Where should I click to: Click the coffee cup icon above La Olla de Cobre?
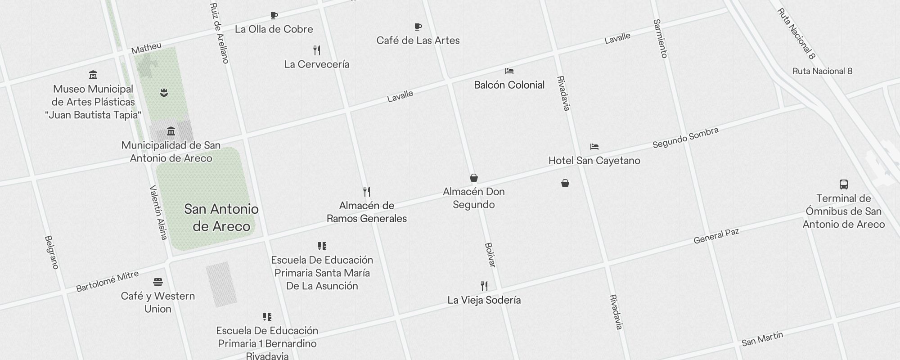[x=274, y=16]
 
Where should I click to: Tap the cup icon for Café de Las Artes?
[x=418, y=27]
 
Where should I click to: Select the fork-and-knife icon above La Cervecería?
[x=317, y=50]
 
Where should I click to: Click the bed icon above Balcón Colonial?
[x=509, y=71]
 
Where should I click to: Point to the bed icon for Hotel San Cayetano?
[x=594, y=147]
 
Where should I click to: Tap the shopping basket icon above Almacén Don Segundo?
[x=473, y=178]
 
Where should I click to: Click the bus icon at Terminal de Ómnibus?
[x=844, y=184]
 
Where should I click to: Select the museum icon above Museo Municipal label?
[x=93, y=75]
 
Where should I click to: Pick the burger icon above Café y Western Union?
[x=157, y=282]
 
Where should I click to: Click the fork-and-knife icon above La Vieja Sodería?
[x=484, y=286]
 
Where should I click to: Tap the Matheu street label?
[x=146, y=48]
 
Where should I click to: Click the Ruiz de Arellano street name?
[x=220, y=33]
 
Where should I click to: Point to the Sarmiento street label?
[x=660, y=39]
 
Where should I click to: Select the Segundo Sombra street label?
[x=685, y=138]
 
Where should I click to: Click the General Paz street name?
[x=716, y=236]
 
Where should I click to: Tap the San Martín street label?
[x=762, y=338]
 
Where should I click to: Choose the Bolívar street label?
[x=490, y=255]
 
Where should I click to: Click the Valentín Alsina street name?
[x=158, y=212]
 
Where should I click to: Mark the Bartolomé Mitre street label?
[x=107, y=281]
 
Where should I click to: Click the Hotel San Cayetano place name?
[x=594, y=161]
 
